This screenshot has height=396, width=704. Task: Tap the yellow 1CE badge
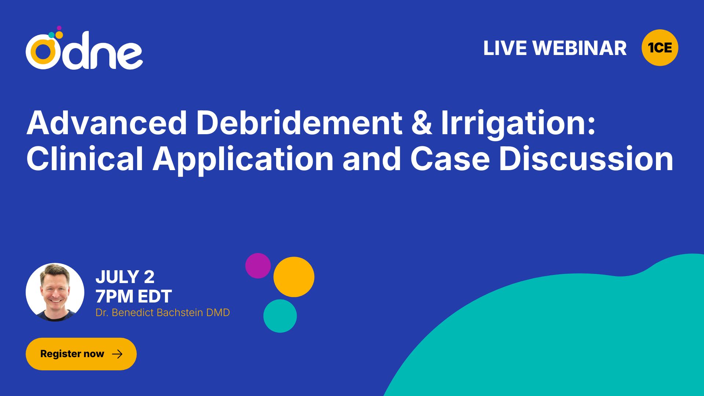(660, 48)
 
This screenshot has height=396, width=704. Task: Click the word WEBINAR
(580, 48)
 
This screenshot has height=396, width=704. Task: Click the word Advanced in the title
(107, 123)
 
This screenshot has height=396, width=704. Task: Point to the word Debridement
(299, 123)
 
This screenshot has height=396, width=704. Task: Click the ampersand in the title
(422, 123)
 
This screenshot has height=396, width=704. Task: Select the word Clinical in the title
(85, 158)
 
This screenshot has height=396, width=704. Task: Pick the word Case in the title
(450, 159)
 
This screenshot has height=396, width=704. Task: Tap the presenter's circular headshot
(55, 292)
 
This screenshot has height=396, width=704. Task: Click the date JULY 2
(125, 277)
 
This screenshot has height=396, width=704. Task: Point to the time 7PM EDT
(133, 296)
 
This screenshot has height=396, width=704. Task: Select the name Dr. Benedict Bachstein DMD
(162, 312)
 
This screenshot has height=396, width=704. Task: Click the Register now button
(81, 354)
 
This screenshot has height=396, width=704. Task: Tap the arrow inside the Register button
(117, 354)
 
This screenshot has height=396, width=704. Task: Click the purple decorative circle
(258, 265)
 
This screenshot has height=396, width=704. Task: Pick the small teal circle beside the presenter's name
(280, 316)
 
